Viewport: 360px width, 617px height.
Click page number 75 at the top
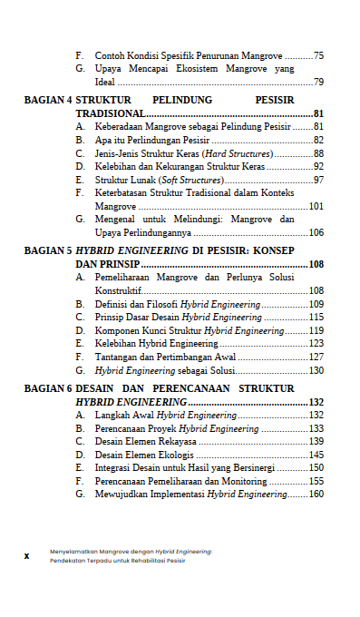tap(319, 55)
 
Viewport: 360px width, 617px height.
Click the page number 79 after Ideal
tap(319, 82)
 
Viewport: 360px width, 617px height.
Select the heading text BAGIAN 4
tap(48, 100)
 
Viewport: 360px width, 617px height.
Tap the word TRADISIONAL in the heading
tap(110, 113)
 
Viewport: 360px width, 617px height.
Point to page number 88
tap(319, 153)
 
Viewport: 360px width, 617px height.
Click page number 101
tap(316, 206)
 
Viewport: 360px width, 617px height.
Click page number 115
tap(316, 318)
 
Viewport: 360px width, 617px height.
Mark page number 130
tap(316, 370)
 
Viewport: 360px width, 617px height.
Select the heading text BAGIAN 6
tap(48, 388)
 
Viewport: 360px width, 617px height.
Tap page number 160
tap(316, 494)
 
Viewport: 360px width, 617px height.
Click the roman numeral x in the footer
tap(28, 554)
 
